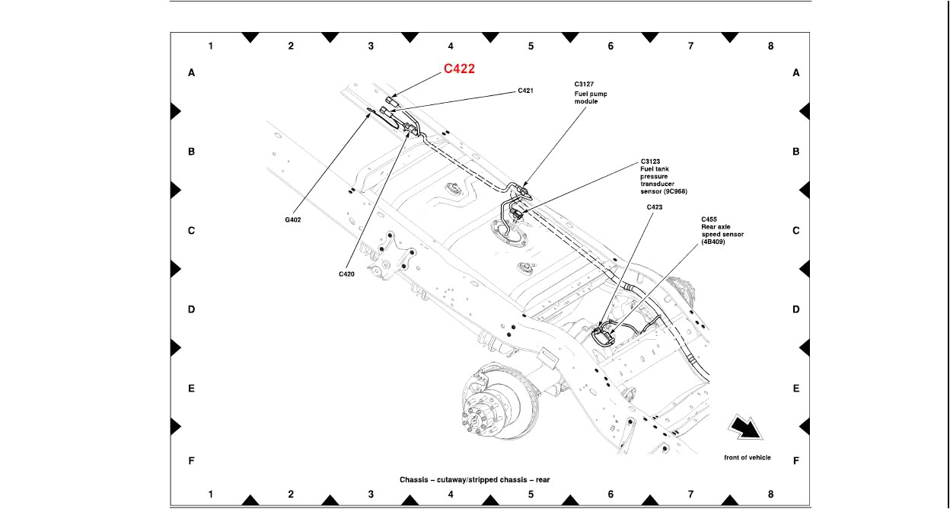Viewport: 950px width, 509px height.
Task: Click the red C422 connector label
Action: click(459, 69)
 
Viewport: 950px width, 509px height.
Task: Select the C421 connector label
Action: click(525, 91)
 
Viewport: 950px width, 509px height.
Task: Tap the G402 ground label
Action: click(293, 220)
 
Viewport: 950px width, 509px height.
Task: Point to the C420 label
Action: click(346, 274)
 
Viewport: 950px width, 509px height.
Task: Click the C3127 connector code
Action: click(585, 85)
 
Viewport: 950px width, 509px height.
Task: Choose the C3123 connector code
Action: click(650, 162)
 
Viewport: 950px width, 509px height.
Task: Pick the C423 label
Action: click(655, 206)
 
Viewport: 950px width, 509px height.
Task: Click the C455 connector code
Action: click(709, 219)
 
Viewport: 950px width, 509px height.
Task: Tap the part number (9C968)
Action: click(671, 191)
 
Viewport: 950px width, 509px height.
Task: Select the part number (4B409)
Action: click(713, 242)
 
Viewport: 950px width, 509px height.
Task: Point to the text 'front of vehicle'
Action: click(747, 457)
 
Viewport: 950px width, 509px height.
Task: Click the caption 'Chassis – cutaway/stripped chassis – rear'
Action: click(474, 480)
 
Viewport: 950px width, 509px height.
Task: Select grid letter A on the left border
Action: click(192, 73)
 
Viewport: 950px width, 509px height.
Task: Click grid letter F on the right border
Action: click(796, 461)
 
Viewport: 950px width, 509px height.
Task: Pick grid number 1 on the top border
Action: click(211, 46)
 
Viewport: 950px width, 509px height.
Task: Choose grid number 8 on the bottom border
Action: click(770, 495)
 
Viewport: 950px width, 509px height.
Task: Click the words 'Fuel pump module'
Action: click(591, 98)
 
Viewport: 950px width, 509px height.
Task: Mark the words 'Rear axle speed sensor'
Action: click(722, 231)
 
